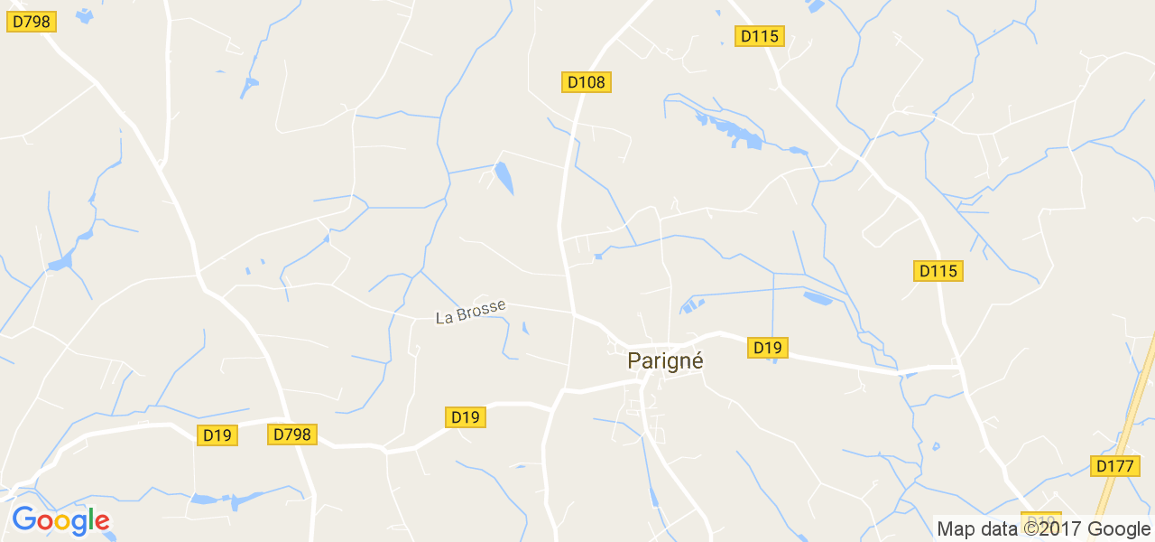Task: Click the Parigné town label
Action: coord(665,360)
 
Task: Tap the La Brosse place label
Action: coord(470,313)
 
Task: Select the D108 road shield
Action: coord(587,82)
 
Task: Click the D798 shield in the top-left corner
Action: coord(32,21)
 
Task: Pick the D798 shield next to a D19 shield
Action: coord(291,435)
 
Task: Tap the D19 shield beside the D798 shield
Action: coord(217,435)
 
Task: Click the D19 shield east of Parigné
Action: coord(767,347)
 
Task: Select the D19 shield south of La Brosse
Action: coord(465,416)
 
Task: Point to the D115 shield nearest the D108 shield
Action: coord(760,36)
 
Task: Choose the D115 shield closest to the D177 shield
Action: coord(939,270)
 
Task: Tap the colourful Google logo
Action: coord(60,520)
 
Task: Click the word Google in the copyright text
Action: coord(1118,528)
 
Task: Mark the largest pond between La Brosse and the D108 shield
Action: coord(504,177)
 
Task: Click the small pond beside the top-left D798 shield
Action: coord(83,15)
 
